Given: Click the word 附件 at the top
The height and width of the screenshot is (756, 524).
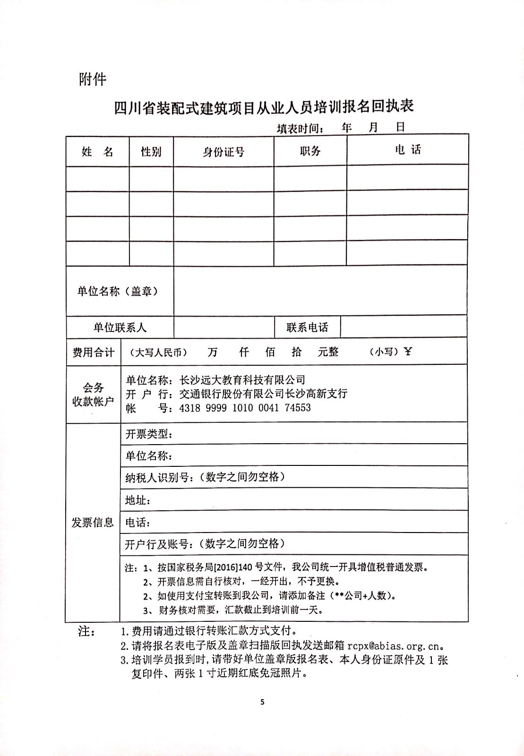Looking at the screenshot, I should click(93, 79).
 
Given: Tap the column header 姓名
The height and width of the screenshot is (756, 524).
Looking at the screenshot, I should click(97, 152).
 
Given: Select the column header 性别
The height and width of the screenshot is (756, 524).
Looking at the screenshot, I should click(151, 152).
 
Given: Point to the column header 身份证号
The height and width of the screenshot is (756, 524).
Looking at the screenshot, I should click(223, 152).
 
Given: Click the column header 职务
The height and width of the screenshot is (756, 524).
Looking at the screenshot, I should click(310, 151).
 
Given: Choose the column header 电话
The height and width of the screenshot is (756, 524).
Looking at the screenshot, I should click(407, 150).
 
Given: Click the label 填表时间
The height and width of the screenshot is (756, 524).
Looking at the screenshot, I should click(301, 129).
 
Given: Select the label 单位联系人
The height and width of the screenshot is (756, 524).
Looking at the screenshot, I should click(120, 327).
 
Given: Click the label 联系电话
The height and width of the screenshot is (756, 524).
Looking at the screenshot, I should click(307, 327).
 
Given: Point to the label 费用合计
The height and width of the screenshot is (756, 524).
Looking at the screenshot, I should click(93, 352).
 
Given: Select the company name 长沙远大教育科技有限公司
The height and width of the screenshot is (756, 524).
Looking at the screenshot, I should click(242, 380).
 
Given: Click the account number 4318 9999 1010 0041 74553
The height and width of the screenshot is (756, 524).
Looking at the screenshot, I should click(245, 408).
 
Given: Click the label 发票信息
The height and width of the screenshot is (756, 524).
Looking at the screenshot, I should click(93, 522).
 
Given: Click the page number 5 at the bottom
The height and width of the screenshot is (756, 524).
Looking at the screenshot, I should click(262, 702).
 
